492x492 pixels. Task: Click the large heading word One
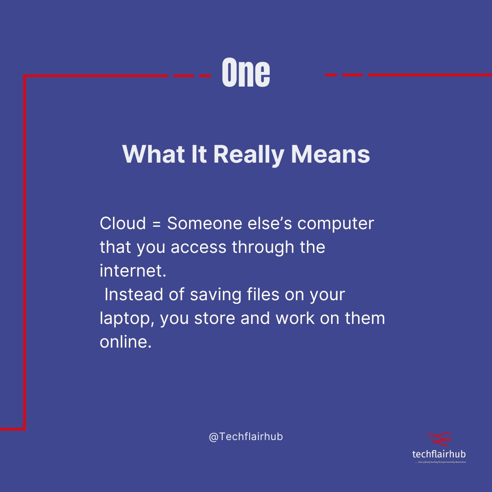(246, 73)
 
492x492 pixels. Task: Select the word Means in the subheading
(330, 155)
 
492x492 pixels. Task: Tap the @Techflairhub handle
(246, 436)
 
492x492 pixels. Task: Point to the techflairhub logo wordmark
(439, 454)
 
